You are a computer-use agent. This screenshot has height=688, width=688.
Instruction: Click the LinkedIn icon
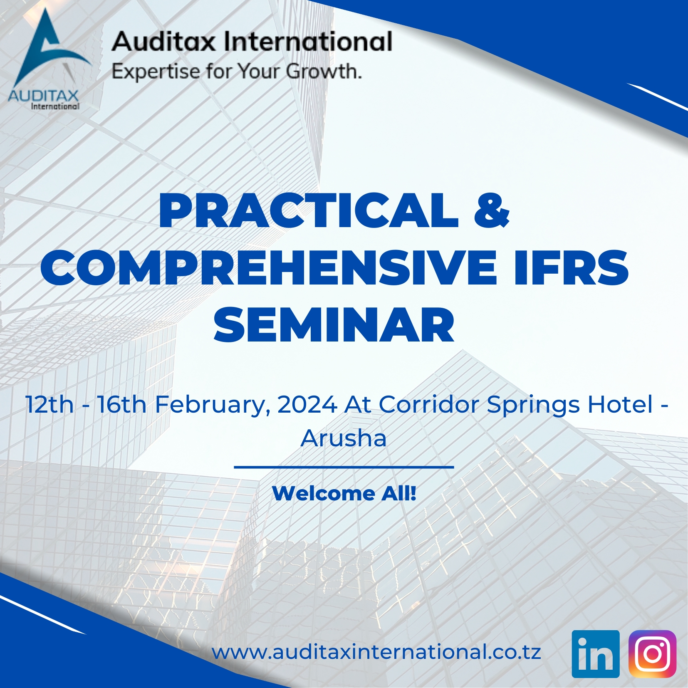pyautogui.click(x=595, y=654)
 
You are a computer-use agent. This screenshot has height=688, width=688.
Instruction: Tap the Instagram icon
pyautogui.click(x=652, y=654)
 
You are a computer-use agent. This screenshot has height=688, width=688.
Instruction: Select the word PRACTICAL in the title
pyautogui.click(x=309, y=211)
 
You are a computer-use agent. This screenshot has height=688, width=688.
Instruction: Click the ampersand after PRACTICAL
pyautogui.click(x=491, y=211)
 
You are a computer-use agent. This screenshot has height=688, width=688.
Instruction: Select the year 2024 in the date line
pyautogui.click(x=307, y=404)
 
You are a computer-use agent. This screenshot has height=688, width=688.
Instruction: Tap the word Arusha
pyautogui.click(x=344, y=438)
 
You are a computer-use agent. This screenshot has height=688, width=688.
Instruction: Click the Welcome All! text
pyautogui.click(x=344, y=493)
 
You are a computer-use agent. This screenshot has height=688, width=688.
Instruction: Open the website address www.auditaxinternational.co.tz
pyautogui.click(x=376, y=652)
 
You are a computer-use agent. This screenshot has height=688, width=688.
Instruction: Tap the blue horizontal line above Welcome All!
pyautogui.click(x=344, y=467)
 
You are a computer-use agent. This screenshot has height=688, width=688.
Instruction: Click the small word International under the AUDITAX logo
pyautogui.click(x=55, y=106)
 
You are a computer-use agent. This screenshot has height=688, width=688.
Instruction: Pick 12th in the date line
pyautogui.click(x=49, y=404)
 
